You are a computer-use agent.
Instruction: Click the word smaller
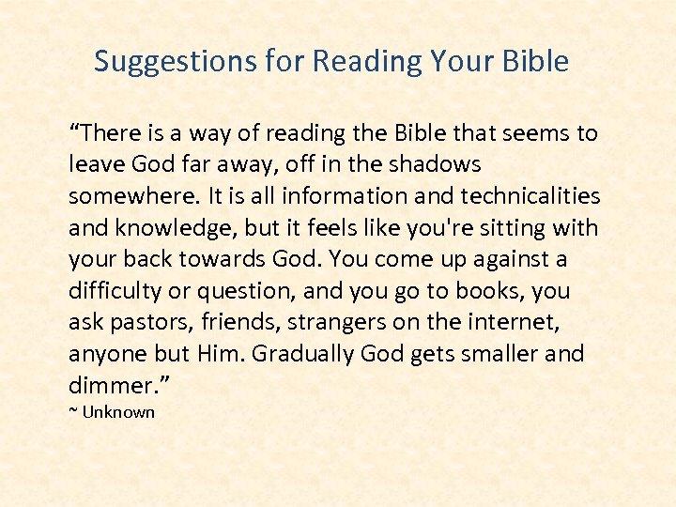[x=505, y=355]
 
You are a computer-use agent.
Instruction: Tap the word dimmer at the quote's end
[x=106, y=386]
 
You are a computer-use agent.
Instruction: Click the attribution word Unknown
[x=118, y=412]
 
